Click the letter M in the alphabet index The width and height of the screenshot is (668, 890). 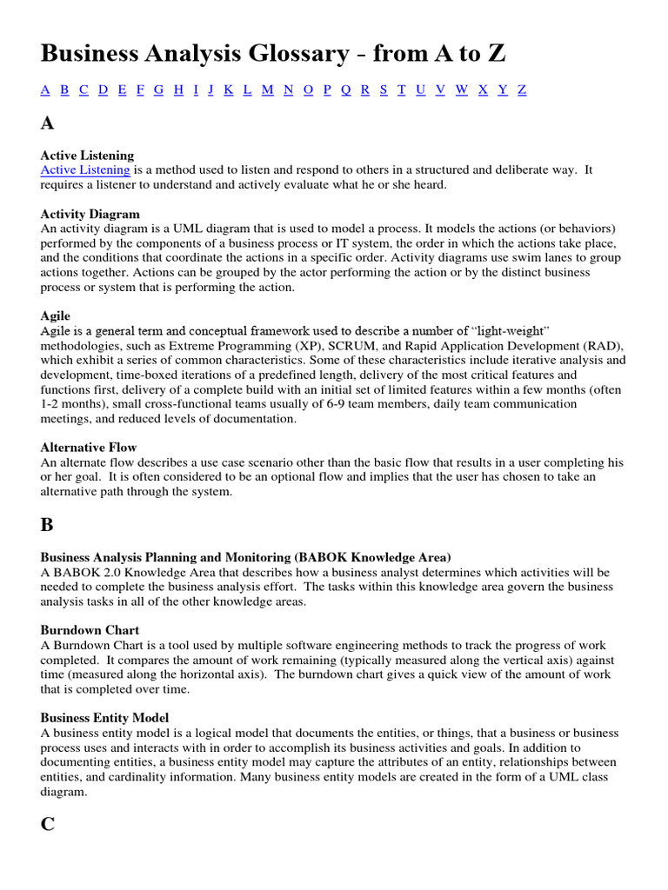267,90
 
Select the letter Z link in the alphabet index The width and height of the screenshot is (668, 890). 522,90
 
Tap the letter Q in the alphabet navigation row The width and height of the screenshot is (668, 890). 345,90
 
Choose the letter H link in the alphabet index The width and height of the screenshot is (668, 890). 178,90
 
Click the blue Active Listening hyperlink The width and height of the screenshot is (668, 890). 85,170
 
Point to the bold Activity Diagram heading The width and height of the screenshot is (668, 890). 90,214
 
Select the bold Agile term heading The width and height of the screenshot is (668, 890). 56,315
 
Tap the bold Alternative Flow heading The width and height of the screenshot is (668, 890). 89,448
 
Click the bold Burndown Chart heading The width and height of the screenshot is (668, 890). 90,630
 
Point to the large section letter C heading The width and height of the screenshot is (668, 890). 47,824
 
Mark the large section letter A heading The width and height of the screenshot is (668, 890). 47,123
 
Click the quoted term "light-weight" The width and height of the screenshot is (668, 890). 511,330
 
